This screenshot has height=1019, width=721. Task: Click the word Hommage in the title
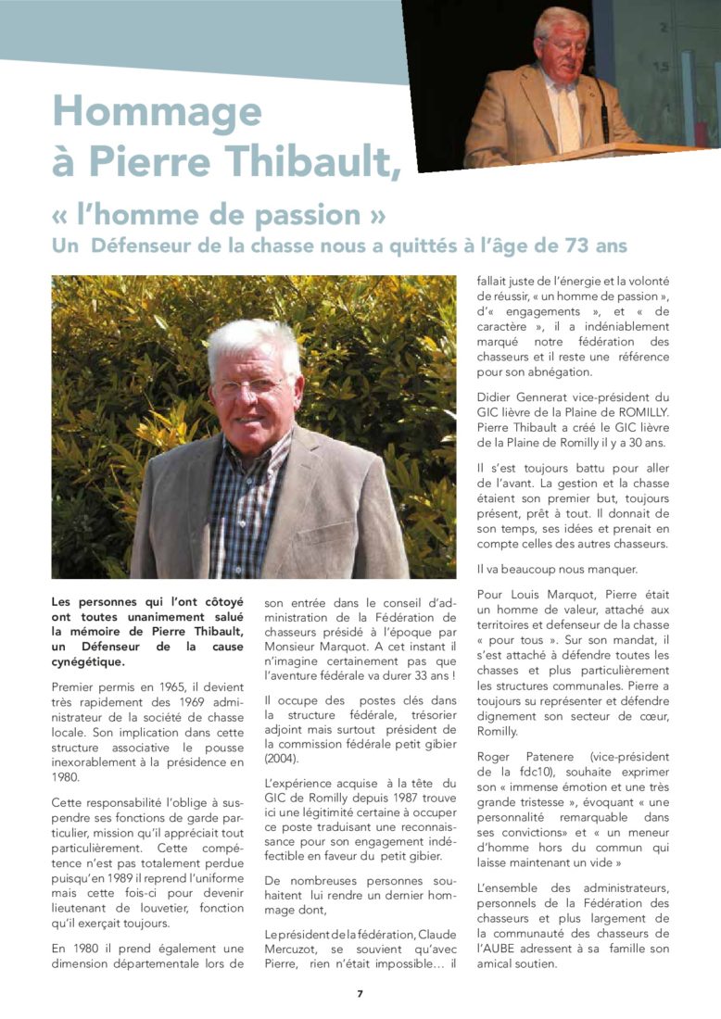pyautogui.click(x=157, y=113)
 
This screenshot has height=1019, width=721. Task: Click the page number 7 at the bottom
pyautogui.click(x=360, y=994)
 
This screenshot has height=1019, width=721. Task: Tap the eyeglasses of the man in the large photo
pyautogui.click(x=250, y=385)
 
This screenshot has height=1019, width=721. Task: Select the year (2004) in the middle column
pyautogui.click(x=283, y=760)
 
